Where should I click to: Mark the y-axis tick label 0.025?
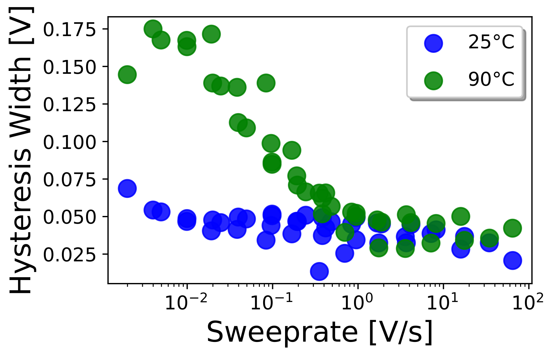[x=69, y=255]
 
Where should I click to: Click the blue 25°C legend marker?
[x=433, y=43]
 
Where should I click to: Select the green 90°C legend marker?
[x=433, y=80]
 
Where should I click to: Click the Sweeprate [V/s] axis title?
[x=320, y=332]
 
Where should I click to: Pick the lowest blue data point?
[x=319, y=271]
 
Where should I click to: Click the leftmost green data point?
[x=127, y=74]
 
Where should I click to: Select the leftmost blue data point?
[x=127, y=188]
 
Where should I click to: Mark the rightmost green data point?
[x=512, y=228]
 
